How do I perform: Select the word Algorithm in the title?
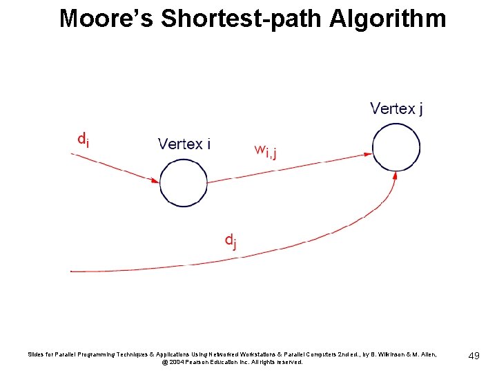388,19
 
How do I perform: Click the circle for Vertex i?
183,182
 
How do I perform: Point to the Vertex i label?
184,144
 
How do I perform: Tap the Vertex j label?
397,108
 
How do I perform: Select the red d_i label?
82,140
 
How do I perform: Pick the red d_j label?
231,240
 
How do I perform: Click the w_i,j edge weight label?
266,150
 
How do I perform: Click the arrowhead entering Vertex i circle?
156,180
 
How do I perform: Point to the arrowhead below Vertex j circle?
394,176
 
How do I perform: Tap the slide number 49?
474,356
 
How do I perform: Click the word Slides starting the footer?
35,354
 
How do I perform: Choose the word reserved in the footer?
288,362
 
